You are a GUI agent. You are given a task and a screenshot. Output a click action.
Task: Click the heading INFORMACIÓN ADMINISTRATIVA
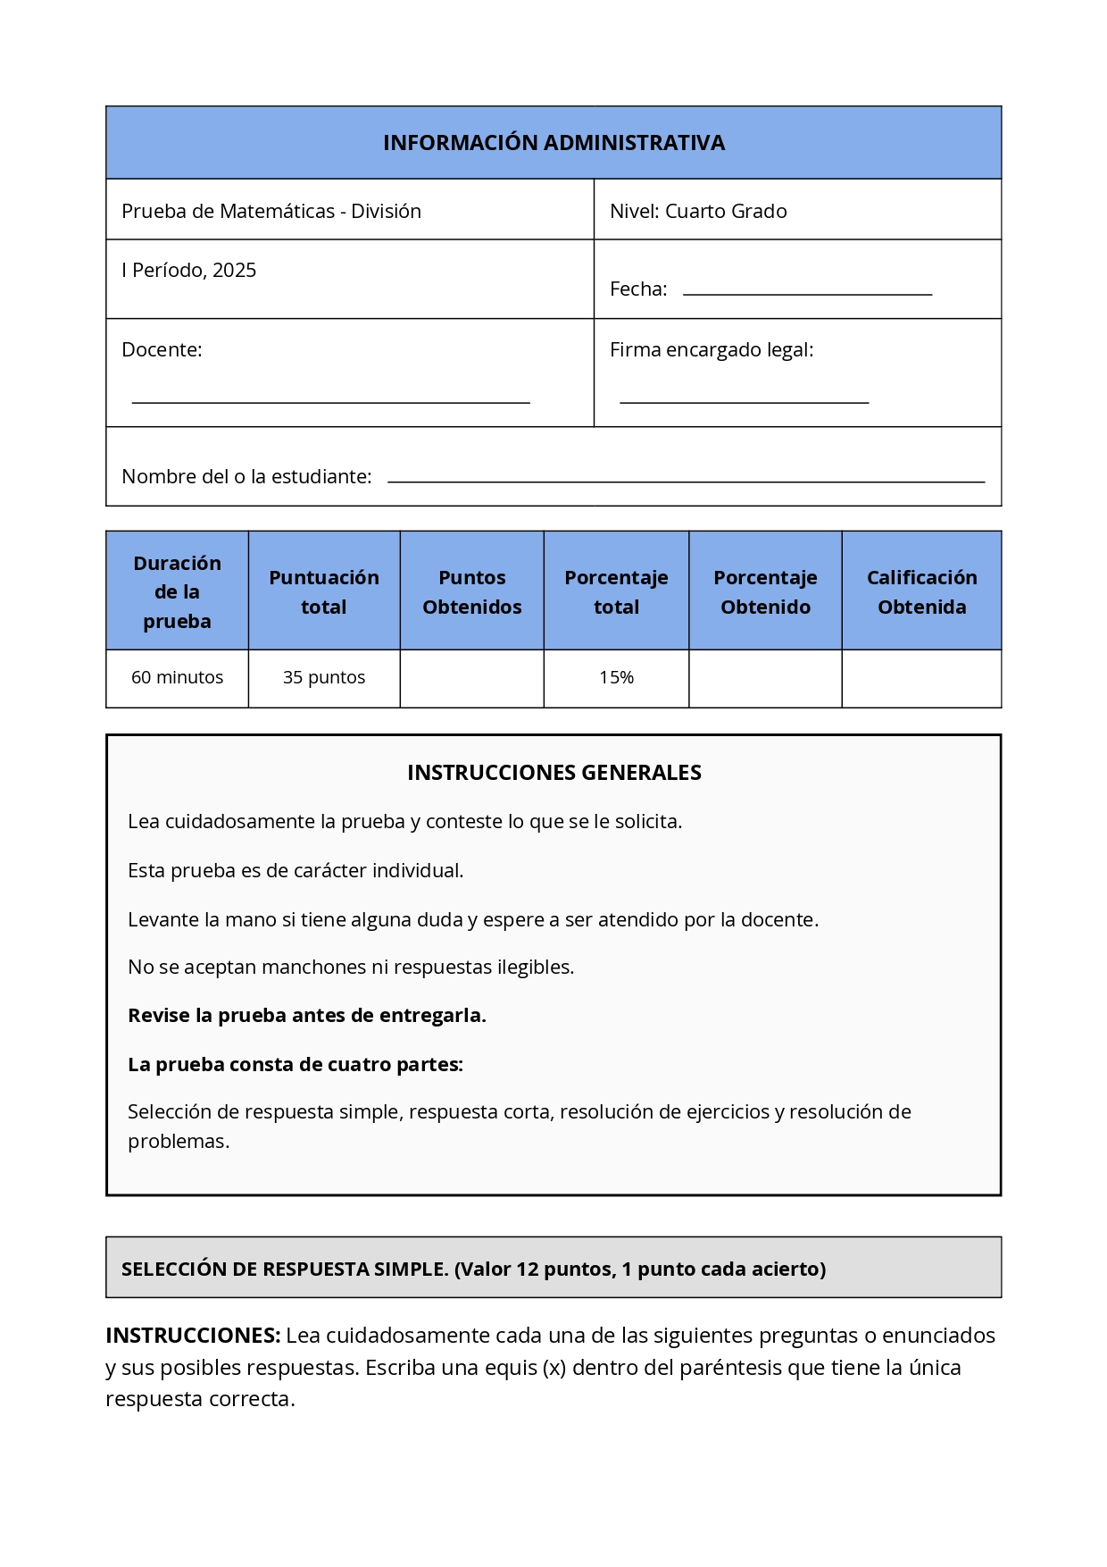pyautogui.click(x=553, y=143)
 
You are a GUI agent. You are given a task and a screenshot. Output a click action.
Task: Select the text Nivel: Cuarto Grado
pyautogui.click(x=698, y=212)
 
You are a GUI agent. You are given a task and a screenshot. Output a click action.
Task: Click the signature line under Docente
pyautogui.click(x=330, y=402)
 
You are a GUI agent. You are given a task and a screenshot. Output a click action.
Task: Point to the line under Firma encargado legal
pyautogui.click(x=744, y=402)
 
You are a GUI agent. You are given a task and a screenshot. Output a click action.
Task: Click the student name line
pyautogui.click(x=686, y=481)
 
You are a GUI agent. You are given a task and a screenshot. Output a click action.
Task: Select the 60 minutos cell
pyautogui.click(x=177, y=678)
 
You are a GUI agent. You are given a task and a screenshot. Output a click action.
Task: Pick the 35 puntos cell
pyautogui.click(x=324, y=678)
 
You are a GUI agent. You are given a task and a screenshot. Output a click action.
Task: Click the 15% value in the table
pyautogui.click(x=616, y=678)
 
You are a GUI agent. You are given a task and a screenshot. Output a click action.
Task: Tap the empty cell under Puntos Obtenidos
pyautogui.click(x=471, y=678)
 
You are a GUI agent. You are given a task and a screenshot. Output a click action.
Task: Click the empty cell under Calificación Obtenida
pyautogui.click(x=921, y=678)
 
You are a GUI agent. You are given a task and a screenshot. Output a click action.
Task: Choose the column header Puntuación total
pyautogui.click(x=324, y=591)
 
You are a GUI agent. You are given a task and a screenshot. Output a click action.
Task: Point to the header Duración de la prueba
pyautogui.click(x=177, y=591)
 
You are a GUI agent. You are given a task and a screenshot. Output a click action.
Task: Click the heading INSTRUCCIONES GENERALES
pyautogui.click(x=553, y=773)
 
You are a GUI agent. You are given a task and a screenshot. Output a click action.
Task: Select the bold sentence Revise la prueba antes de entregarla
pyautogui.click(x=306, y=1016)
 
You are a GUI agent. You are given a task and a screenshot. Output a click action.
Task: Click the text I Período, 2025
pyautogui.click(x=189, y=271)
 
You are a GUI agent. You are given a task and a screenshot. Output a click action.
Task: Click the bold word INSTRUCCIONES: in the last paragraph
pyautogui.click(x=193, y=1336)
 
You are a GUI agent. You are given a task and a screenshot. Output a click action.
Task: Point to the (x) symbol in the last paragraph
pyautogui.click(x=554, y=1368)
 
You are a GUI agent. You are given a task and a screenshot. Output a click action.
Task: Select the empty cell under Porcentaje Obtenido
pyautogui.click(x=765, y=678)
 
